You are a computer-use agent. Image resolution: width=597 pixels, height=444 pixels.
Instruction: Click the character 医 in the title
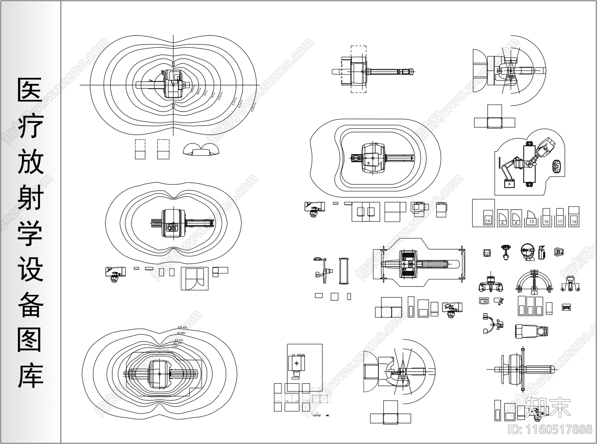(30, 90)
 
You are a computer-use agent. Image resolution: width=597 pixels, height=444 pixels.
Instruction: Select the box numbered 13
(532, 221)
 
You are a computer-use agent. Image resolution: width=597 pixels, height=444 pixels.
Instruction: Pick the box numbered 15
(546, 221)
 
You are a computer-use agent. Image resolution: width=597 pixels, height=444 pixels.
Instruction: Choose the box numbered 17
(560, 221)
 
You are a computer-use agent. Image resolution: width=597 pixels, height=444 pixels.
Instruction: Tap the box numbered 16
(574, 221)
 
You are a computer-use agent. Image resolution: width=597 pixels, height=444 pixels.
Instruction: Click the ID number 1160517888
(550, 429)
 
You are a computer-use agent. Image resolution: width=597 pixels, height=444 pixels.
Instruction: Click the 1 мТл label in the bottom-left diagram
(175, 346)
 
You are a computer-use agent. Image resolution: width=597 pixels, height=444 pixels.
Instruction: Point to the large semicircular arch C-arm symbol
(534, 282)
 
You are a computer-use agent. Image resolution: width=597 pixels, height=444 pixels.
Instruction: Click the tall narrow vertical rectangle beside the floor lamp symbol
(343, 271)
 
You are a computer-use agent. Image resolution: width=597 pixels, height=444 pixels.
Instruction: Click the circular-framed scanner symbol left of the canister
(527, 251)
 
